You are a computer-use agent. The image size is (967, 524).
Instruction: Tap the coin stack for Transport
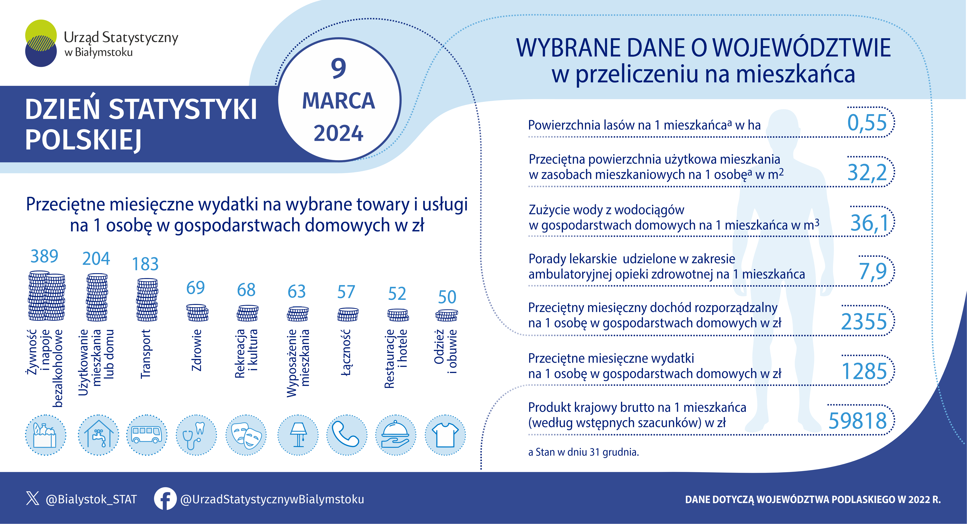(x=147, y=300)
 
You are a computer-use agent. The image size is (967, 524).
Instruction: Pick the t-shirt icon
(x=445, y=435)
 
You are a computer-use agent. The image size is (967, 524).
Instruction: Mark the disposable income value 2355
(x=864, y=321)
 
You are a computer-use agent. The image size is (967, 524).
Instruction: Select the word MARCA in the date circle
(x=339, y=101)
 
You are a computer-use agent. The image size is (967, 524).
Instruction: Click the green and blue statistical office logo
(x=41, y=43)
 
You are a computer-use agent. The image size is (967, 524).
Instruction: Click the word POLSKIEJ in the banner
(x=83, y=140)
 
